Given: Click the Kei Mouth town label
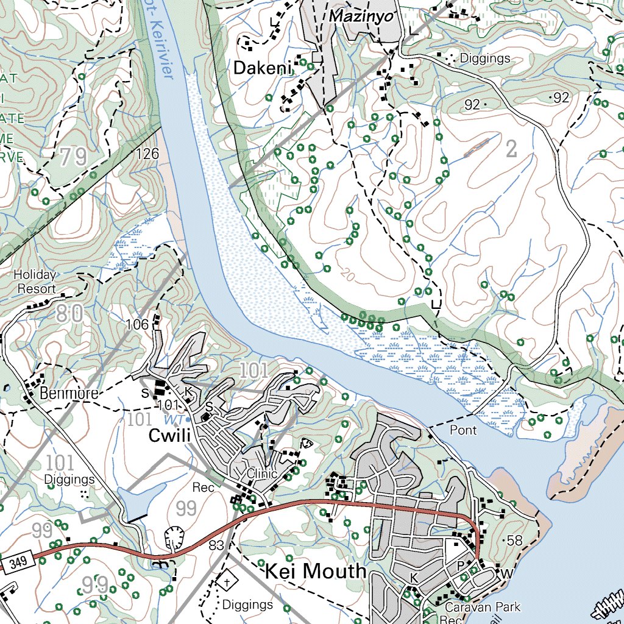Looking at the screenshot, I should coord(316,572).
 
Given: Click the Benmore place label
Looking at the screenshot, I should coord(69,394).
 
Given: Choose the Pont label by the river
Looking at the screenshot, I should coord(463,430).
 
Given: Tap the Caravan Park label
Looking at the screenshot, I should coord(483,606).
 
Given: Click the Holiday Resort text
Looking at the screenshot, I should coord(35,282).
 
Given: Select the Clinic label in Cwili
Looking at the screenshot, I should coord(262,473).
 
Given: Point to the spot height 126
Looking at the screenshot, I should coord(147,154).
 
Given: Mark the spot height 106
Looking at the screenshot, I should coord(136,325).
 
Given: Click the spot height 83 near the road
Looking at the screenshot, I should coord(216,544).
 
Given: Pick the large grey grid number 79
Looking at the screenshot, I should coord(74,158).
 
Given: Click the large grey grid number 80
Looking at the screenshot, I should coord(70,314).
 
